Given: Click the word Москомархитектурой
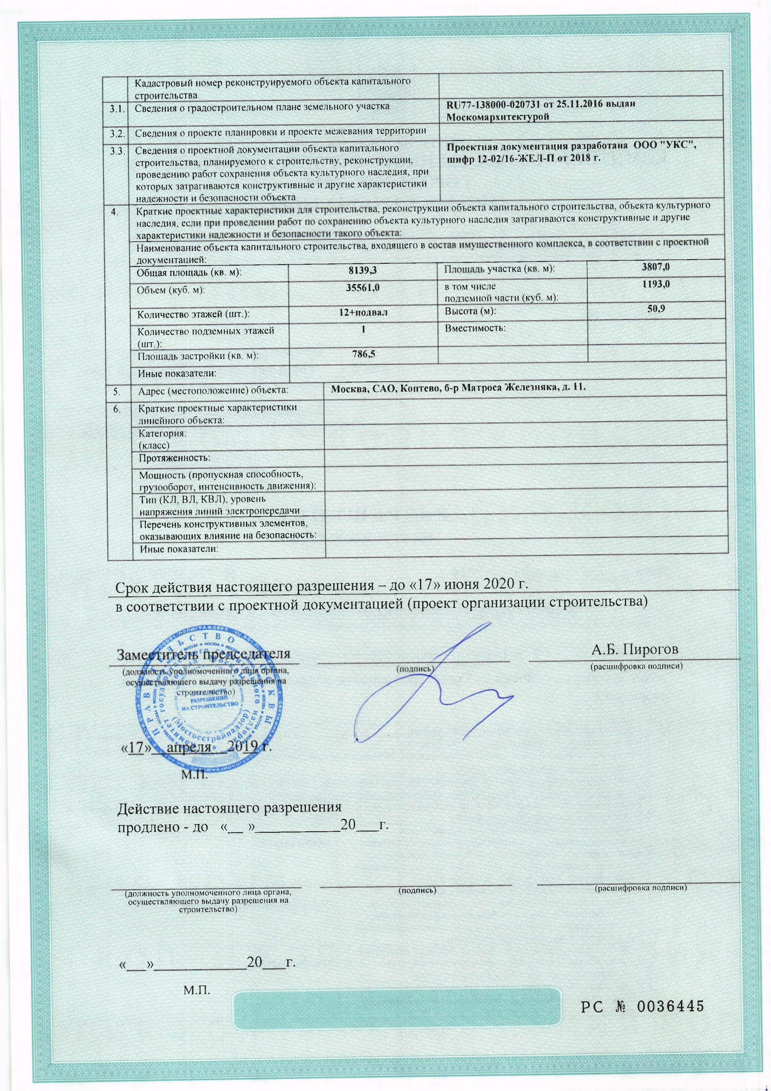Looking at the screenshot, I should [x=497, y=117].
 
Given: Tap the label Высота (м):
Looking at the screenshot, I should [x=470, y=312].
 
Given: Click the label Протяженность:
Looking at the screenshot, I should [x=174, y=458].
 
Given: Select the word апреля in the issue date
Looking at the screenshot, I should [x=189, y=747].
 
